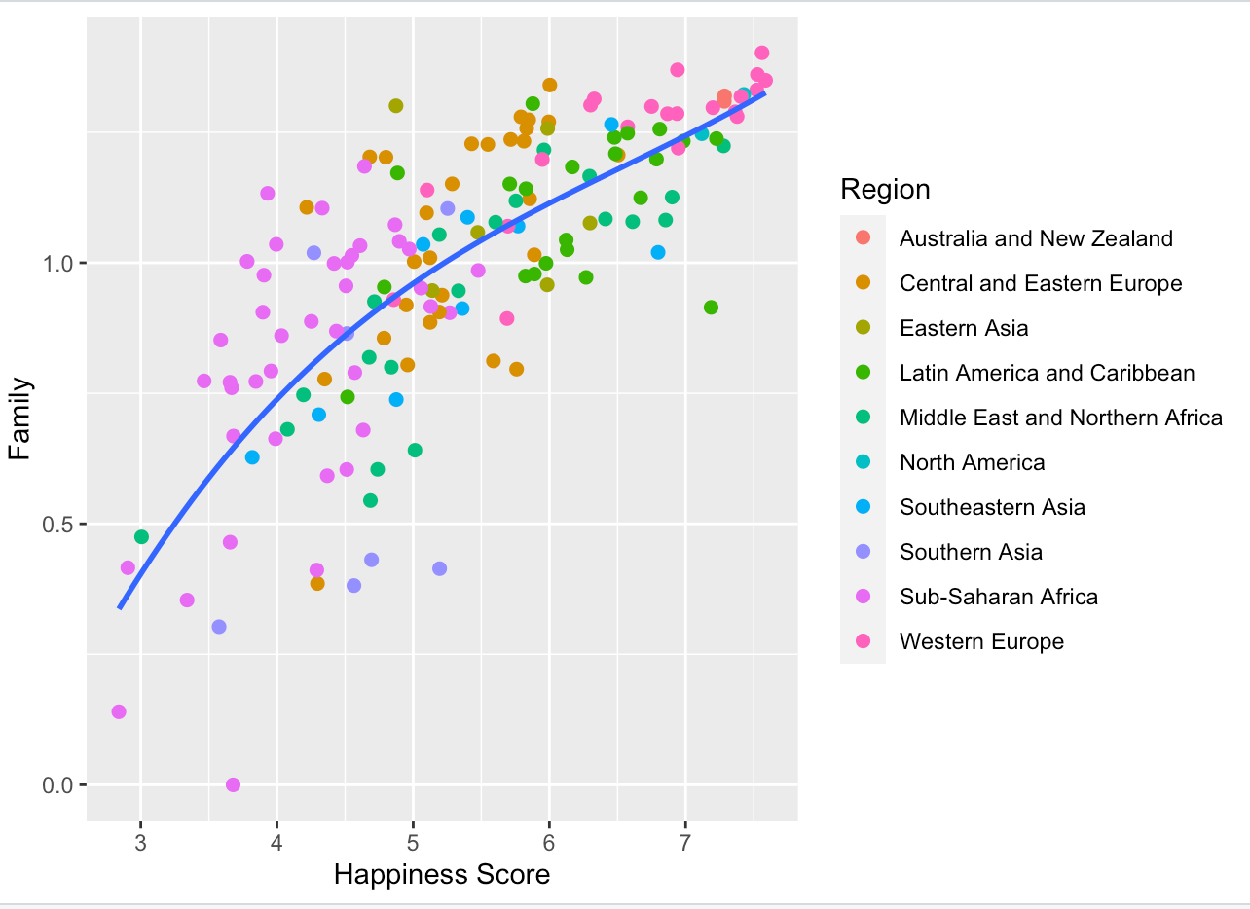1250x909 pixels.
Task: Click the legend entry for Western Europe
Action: coord(981,641)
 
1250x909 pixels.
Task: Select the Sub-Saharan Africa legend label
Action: coord(998,597)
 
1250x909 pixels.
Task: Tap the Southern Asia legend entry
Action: coord(971,552)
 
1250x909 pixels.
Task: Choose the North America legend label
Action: coord(972,462)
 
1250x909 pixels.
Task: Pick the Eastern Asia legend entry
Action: coord(963,328)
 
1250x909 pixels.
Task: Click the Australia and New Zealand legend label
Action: coord(1036,238)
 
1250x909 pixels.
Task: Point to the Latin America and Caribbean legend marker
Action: coord(863,373)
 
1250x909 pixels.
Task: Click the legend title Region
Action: coord(885,189)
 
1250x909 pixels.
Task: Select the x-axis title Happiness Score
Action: coord(441,875)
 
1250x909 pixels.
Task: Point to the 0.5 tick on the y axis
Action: coord(61,525)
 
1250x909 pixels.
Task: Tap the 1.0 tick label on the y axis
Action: coord(61,264)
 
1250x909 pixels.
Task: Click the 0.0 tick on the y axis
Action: coord(61,785)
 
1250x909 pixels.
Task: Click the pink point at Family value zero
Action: coord(233,784)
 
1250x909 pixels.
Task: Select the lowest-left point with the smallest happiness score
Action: coord(119,711)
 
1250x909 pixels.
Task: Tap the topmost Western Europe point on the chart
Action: coord(761,53)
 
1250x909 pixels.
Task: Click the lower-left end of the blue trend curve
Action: coord(120,608)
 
